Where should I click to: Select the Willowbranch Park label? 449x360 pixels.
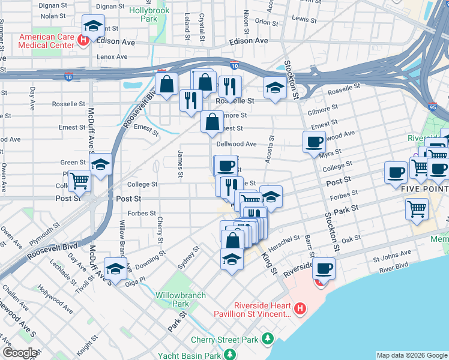tap(181, 299)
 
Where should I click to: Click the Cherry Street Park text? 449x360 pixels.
tap(224, 340)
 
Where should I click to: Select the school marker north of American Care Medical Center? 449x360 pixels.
tap(92, 27)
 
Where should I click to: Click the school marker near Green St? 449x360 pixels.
tap(101, 164)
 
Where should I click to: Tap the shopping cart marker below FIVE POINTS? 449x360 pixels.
tap(417, 211)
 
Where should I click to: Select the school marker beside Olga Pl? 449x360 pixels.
tap(115, 268)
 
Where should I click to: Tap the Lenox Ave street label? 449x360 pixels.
tap(113, 57)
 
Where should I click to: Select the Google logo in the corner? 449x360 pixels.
tap(20, 352)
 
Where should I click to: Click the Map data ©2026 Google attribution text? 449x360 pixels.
tap(412, 355)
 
